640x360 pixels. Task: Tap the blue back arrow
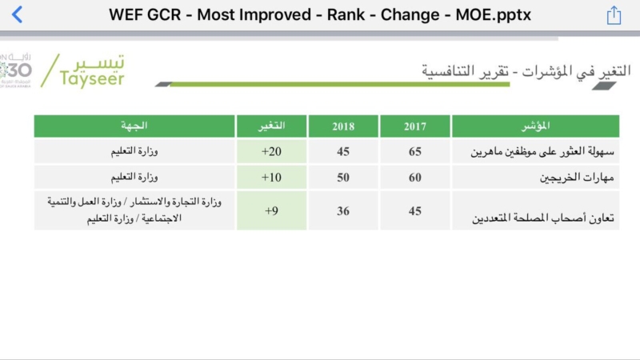17,14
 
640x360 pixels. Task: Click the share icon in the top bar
614,15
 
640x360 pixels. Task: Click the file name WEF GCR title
319,15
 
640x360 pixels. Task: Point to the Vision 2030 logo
15,70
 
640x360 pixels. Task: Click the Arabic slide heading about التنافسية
526,70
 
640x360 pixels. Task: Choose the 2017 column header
415,126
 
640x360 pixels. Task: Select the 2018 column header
343,126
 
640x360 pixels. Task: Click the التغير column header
271,126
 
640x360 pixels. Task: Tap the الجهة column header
134,126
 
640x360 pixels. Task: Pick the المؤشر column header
535,126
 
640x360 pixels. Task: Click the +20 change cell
271,151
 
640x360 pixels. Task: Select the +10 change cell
271,178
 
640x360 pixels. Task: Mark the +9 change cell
271,211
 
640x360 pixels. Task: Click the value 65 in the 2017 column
415,151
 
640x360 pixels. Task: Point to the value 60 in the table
415,178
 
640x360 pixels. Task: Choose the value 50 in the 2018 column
343,178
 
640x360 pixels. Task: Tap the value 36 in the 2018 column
343,211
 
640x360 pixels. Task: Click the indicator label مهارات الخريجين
577,178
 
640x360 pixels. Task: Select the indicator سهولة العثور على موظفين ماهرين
542,151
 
